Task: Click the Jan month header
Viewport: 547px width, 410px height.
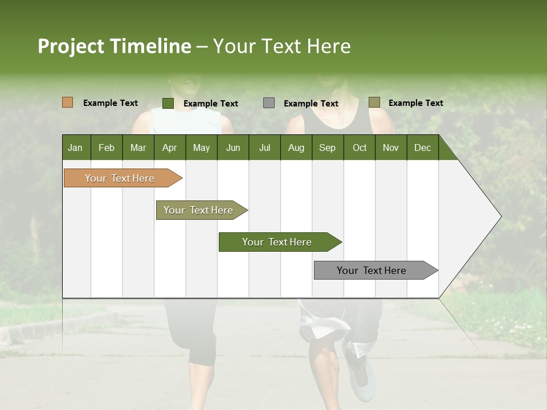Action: pyautogui.click(x=75, y=147)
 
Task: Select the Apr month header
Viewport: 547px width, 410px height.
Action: pyautogui.click(x=169, y=147)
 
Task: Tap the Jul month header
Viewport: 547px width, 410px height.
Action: pyautogui.click(x=264, y=147)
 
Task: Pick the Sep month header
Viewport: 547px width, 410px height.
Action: pyautogui.click(x=327, y=147)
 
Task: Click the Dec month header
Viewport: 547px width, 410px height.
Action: pyautogui.click(x=422, y=147)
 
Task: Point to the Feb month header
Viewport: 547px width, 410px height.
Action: pyautogui.click(x=107, y=147)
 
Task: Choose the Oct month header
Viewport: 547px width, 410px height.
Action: pyautogui.click(x=360, y=147)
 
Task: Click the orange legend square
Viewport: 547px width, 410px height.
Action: pyautogui.click(x=67, y=102)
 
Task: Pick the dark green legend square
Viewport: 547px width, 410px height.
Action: pyautogui.click(x=168, y=103)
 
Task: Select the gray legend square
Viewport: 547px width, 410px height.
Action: pyautogui.click(x=268, y=103)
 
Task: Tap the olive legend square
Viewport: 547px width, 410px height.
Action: pyautogui.click(x=374, y=102)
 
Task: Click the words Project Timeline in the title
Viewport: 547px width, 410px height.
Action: pyautogui.click(x=114, y=46)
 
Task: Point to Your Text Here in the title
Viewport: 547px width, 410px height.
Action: pyautogui.click(x=281, y=46)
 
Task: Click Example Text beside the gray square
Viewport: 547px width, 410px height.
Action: pyautogui.click(x=311, y=104)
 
